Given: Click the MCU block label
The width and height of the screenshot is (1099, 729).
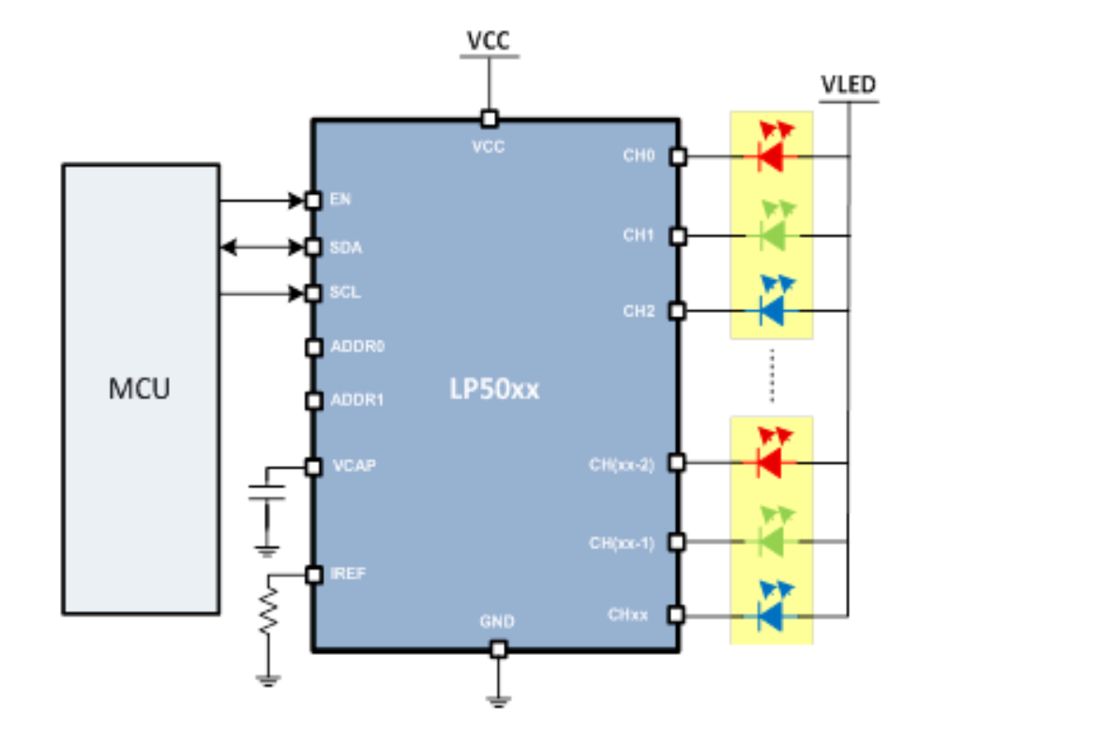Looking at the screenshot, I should [140, 389].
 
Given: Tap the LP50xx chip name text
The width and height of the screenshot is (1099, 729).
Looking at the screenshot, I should [493, 389].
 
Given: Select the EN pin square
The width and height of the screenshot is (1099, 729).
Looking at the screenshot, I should [314, 200].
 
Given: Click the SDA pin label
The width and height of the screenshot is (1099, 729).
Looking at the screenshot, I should [346, 248].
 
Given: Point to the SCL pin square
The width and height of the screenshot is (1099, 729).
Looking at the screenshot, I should [314, 293].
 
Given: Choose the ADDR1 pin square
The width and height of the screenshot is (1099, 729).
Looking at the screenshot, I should [314, 401].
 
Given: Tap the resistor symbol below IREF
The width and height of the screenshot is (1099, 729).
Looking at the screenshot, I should [269, 609].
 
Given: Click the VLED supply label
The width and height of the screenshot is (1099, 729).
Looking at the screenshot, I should [848, 85].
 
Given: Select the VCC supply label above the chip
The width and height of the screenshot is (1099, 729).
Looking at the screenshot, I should [489, 42].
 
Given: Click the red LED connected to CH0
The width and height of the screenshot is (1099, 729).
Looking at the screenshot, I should [771, 156].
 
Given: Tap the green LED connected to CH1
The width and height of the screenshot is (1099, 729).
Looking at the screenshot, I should [771, 234].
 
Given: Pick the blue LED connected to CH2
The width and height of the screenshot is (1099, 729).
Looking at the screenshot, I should [771, 309].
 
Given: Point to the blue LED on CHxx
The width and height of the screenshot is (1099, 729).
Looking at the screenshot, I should [771, 615].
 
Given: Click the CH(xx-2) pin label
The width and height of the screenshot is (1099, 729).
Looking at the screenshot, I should [622, 463].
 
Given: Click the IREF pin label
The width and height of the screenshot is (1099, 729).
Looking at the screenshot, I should [349, 573].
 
